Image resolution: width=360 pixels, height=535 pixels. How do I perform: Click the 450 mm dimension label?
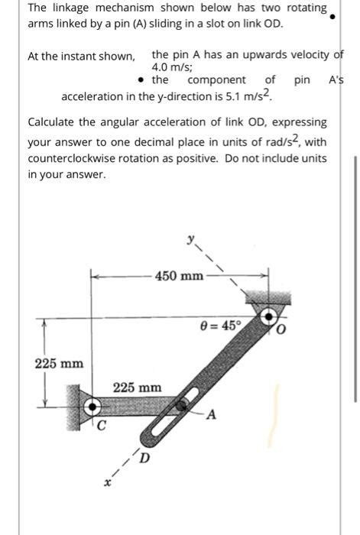coord(179,275)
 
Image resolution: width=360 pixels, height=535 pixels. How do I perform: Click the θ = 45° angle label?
coord(220,324)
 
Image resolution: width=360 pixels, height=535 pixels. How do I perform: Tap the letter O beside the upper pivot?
coord(281,329)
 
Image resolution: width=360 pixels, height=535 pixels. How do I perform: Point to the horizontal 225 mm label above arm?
coord(138,387)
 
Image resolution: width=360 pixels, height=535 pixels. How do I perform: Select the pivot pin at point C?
coord(93,406)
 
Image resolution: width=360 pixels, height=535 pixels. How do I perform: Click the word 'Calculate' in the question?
coord(52,122)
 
